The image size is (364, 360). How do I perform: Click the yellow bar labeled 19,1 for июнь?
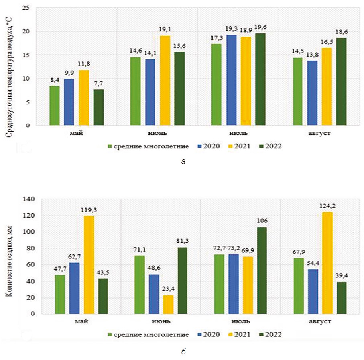(x=165, y=80)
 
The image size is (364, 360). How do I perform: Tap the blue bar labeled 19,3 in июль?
(x=231, y=80)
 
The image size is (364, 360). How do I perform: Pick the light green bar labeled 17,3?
(x=216, y=84)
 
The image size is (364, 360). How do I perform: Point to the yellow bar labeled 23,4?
(x=169, y=305)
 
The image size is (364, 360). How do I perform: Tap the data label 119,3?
(x=89, y=209)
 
